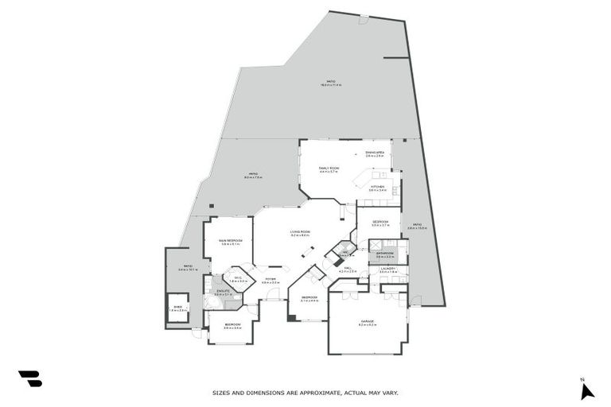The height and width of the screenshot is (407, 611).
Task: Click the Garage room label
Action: tap(366, 322)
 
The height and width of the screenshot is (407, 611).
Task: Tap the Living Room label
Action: tap(300, 232)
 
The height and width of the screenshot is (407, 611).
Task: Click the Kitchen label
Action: tap(377, 188)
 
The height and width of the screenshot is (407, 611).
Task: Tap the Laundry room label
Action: tap(387, 269)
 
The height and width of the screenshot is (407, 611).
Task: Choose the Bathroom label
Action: tap(386, 254)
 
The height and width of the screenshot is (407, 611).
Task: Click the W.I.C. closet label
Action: tap(237, 278)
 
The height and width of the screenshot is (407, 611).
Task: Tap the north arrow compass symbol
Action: tap(586, 390)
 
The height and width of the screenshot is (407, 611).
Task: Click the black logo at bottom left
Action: tap(29, 379)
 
